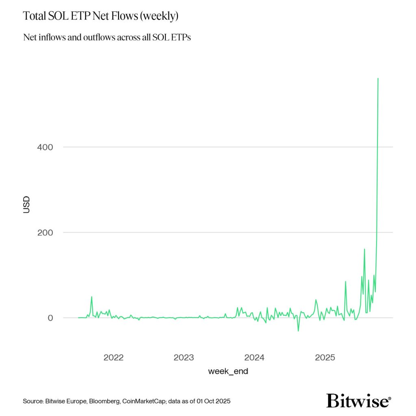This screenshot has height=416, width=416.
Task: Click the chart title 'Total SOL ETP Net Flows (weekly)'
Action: click(101, 16)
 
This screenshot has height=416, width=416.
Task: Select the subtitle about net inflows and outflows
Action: click(107, 37)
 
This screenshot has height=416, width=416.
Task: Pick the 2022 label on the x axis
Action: click(113, 357)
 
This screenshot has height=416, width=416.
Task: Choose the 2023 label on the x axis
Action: click(184, 357)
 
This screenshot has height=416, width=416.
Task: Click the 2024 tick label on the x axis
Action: click(254, 357)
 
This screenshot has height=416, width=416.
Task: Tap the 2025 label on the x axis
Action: click(325, 357)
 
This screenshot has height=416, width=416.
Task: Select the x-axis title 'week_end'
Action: click(228, 371)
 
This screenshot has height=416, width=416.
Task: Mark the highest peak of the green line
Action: click(378, 78)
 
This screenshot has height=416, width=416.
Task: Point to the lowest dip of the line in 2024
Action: click(299, 331)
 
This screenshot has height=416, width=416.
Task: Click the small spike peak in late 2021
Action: click(91, 297)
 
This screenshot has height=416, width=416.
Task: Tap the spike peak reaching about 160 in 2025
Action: click(364, 249)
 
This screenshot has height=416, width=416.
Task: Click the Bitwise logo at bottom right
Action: click(357, 401)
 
